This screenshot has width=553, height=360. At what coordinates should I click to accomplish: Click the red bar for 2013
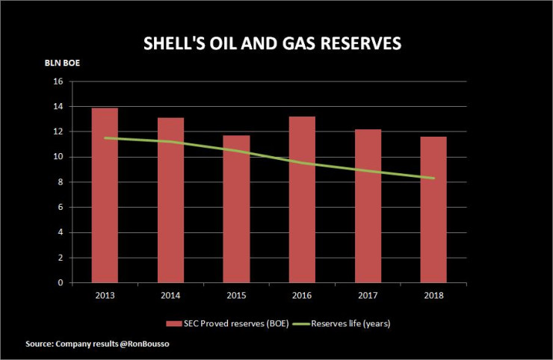tap(105, 196)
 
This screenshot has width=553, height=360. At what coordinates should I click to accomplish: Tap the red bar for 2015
tap(236, 209)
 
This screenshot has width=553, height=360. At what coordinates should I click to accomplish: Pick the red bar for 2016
tap(302, 199)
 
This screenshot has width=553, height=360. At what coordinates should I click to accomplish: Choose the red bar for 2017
tap(368, 206)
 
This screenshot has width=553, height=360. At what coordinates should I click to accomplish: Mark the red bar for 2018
tap(433, 210)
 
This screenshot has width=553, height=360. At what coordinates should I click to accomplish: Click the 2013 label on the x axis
tap(105, 294)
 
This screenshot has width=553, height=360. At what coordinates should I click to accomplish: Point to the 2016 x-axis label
tap(302, 294)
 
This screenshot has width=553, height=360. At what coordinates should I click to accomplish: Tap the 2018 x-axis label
tap(433, 294)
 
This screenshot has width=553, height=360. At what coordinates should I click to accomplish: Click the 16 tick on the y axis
tap(57, 81)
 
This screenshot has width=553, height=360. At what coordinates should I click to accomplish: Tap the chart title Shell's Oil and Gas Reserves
tap(272, 43)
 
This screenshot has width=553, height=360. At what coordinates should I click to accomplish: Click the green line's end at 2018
tap(433, 178)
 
